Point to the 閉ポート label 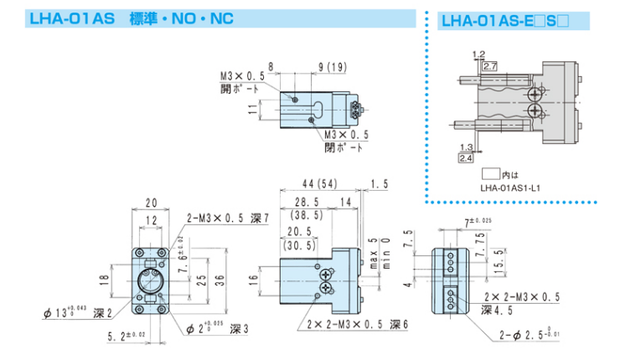click(345, 146)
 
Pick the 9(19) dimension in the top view click(333, 66)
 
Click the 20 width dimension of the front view click(152, 203)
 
